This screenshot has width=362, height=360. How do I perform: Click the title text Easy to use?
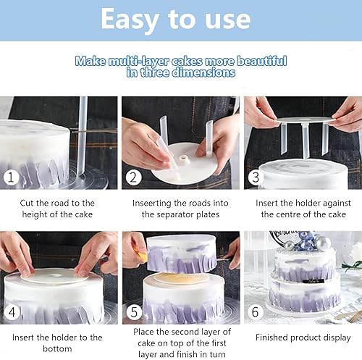point(180,20)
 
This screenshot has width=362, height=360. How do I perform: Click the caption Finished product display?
point(303,338)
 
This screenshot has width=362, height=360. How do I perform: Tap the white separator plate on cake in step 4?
point(54,275)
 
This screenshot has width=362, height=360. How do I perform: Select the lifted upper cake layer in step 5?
point(181,254)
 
